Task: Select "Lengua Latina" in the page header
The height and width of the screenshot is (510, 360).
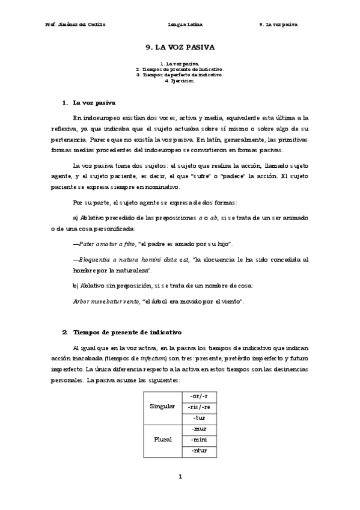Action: tap(186, 25)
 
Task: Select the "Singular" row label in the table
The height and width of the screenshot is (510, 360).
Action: tap(162, 407)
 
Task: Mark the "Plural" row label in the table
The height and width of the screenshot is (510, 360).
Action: tap(162, 439)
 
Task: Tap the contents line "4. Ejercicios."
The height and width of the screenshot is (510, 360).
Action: tap(180, 81)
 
